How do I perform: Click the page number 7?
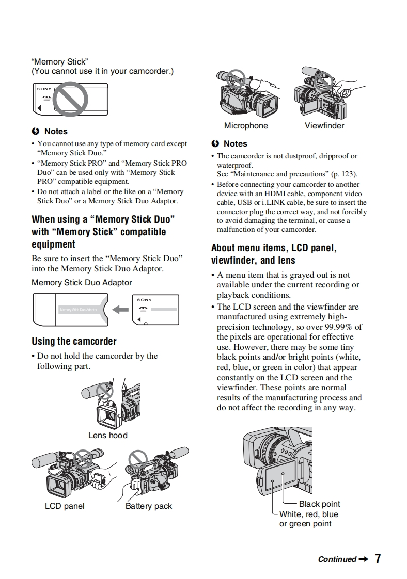378,559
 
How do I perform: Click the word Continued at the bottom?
337,559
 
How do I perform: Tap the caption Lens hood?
107,435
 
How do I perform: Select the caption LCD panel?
65,506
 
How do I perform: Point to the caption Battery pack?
149,506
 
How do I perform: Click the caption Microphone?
246,126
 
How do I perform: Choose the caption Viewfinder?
324,126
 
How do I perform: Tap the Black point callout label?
319,504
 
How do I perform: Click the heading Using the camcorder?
74,341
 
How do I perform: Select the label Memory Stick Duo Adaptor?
82,283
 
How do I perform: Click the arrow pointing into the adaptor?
120,309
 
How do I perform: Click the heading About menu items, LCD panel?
274,248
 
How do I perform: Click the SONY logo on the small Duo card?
145,300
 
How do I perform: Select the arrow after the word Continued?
363,559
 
